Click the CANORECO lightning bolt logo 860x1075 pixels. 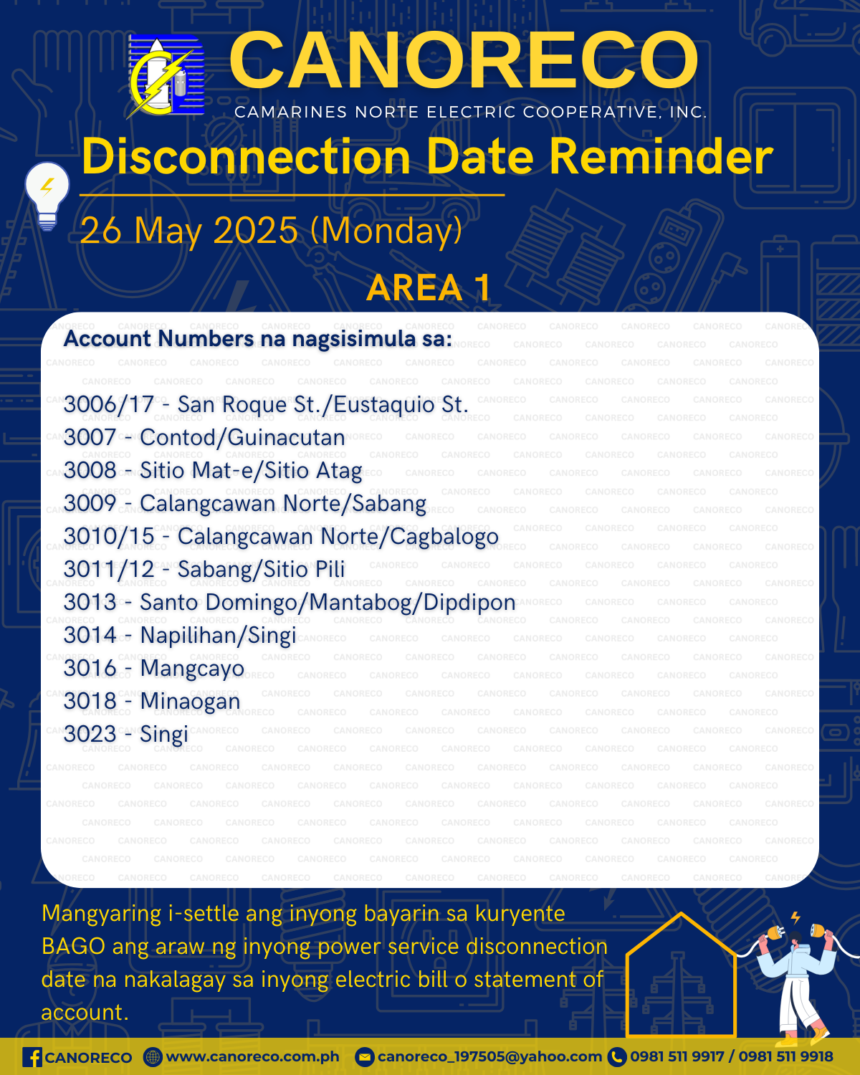(x=166, y=77)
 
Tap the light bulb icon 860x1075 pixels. (x=47, y=196)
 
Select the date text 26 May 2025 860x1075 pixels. (x=189, y=230)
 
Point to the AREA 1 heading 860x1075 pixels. (x=429, y=287)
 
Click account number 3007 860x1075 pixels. (x=90, y=438)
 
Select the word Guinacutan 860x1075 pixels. (x=287, y=438)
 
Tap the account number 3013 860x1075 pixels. (x=90, y=603)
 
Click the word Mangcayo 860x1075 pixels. (x=192, y=669)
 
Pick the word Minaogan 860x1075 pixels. (x=191, y=702)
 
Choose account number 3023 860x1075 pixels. (x=90, y=735)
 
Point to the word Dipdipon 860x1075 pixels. (x=469, y=603)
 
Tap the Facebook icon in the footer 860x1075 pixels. (x=32, y=1058)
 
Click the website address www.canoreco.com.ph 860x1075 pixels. (x=252, y=1057)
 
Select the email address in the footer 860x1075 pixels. (x=489, y=1057)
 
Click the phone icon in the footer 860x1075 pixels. (x=617, y=1058)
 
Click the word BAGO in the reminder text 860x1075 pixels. (x=73, y=947)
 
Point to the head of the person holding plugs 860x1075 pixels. (x=795, y=940)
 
